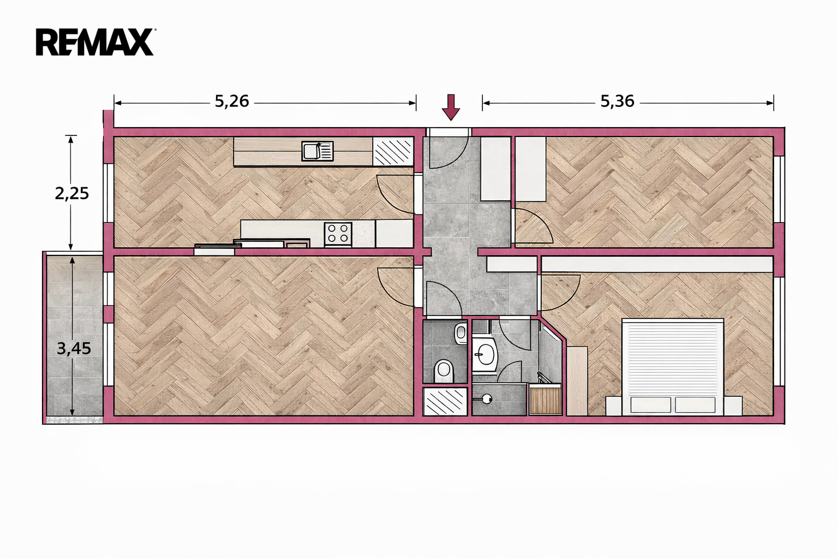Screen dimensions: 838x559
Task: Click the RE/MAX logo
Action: tap(96, 43)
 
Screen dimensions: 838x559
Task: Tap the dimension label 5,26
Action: tap(232, 102)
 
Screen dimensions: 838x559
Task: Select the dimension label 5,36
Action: tap(617, 102)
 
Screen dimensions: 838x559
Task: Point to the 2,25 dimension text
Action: tap(72, 194)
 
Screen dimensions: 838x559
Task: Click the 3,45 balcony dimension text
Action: tap(74, 349)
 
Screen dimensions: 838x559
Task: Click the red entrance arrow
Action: tap(451, 108)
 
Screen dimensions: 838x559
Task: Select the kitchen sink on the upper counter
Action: tap(317, 151)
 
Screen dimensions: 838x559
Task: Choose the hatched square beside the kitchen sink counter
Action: tap(393, 151)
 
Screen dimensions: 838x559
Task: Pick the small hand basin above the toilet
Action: tap(461, 333)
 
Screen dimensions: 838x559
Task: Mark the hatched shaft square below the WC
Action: tap(445, 401)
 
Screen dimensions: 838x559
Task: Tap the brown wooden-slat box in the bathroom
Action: tap(545, 401)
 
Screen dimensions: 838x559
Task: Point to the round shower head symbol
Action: tap(487, 400)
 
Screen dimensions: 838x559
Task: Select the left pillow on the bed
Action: tap(650, 405)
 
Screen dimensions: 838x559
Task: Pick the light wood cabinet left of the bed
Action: tap(577, 381)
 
